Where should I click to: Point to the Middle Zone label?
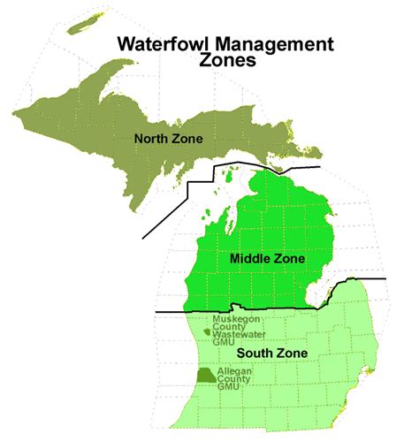click(x=267, y=259)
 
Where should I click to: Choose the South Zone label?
click(x=278, y=354)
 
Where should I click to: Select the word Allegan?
click(x=234, y=369)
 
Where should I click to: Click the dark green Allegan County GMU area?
click(x=205, y=376)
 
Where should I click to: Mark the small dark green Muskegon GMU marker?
click(x=207, y=332)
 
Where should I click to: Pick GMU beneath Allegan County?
click(x=230, y=387)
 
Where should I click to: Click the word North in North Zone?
click(x=149, y=138)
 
